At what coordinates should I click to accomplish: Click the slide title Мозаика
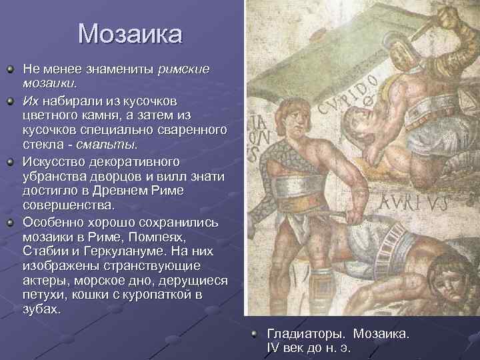[x=129, y=33]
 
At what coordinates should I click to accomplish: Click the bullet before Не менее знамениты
[x=10, y=68]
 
